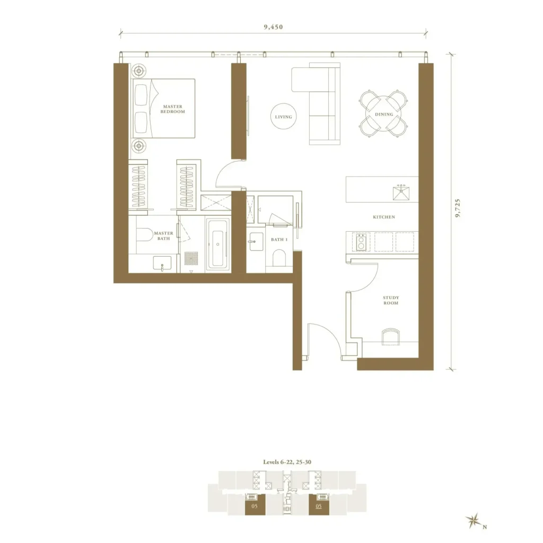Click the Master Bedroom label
(x=172, y=109)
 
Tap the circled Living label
(x=283, y=117)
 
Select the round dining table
(x=384, y=114)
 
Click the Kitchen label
(x=384, y=217)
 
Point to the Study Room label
(x=391, y=300)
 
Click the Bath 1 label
(x=279, y=240)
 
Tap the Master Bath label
(x=163, y=236)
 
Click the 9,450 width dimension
(x=273, y=27)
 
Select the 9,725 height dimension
(x=458, y=208)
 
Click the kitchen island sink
(x=401, y=192)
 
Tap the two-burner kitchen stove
(x=361, y=241)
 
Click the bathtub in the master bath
(x=217, y=244)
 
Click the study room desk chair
(x=390, y=337)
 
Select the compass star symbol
(x=472, y=521)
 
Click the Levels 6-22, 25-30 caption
(x=287, y=462)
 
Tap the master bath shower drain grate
(x=191, y=258)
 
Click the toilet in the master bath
(x=143, y=234)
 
